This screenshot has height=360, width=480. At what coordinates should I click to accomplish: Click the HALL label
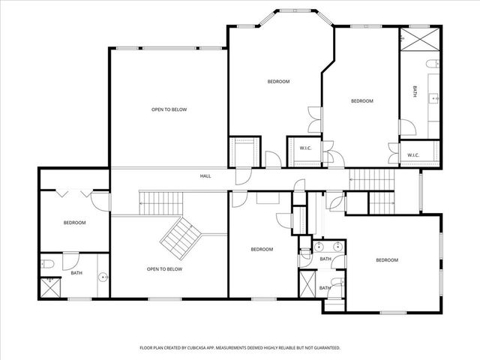[205, 176]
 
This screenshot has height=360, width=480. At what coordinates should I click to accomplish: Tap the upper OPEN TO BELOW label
[169, 109]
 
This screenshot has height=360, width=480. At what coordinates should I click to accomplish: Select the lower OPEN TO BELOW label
[164, 268]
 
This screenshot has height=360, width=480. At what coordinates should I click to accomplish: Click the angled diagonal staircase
[180, 235]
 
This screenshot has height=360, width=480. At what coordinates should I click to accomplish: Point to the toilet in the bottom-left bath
[46, 263]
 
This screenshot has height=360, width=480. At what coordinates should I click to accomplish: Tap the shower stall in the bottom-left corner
[50, 286]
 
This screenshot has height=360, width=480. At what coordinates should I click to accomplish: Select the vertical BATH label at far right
[416, 91]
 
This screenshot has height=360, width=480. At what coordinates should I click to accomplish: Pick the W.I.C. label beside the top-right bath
[413, 155]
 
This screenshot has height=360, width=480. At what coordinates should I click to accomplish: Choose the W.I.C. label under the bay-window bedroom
[306, 148]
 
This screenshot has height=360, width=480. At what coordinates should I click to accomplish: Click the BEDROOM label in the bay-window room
[278, 81]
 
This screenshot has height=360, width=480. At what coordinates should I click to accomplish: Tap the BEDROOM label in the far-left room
[74, 222]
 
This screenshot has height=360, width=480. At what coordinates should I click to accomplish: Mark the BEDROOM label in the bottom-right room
[387, 259]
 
